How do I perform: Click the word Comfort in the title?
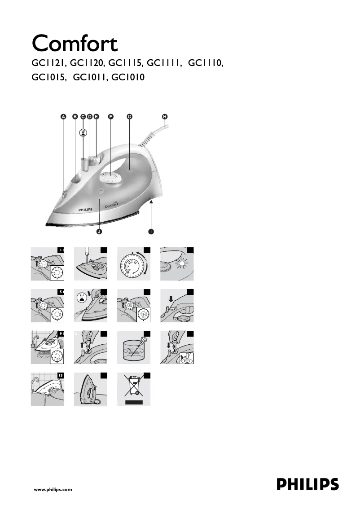(75, 44)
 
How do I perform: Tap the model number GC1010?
(128, 77)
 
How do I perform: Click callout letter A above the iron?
(63, 116)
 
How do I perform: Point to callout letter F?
(111, 116)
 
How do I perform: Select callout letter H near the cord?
(165, 116)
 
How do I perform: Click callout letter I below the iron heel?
(151, 232)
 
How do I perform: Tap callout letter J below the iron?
(99, 232)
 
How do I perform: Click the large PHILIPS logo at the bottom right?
(307, 485)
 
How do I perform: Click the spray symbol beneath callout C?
(83, 133)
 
